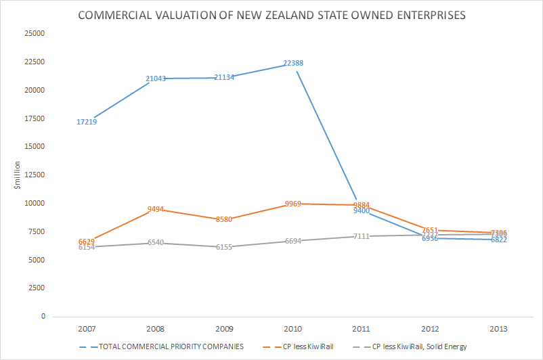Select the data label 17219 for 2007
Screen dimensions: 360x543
(x=86, y=122)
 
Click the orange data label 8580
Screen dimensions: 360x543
(x=224, y=220)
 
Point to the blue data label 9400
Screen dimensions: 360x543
(x=362, y=211)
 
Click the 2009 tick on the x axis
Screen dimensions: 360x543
(x=224, y=329)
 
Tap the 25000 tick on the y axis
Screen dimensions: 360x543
(x=34, y=33)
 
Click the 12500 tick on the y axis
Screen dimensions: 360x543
(x=34, y=175)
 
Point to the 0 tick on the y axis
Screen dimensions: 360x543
(x=43, y=317)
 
